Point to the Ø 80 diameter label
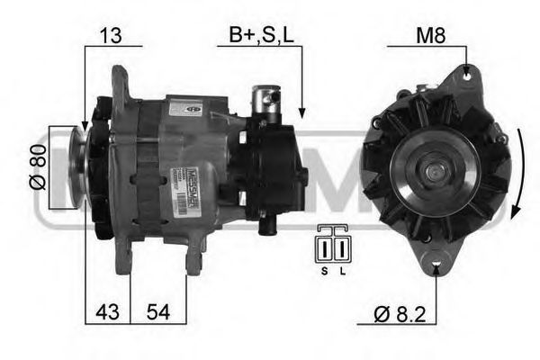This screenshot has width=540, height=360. click(38, 168)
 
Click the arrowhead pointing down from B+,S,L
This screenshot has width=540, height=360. click(301, 112)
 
